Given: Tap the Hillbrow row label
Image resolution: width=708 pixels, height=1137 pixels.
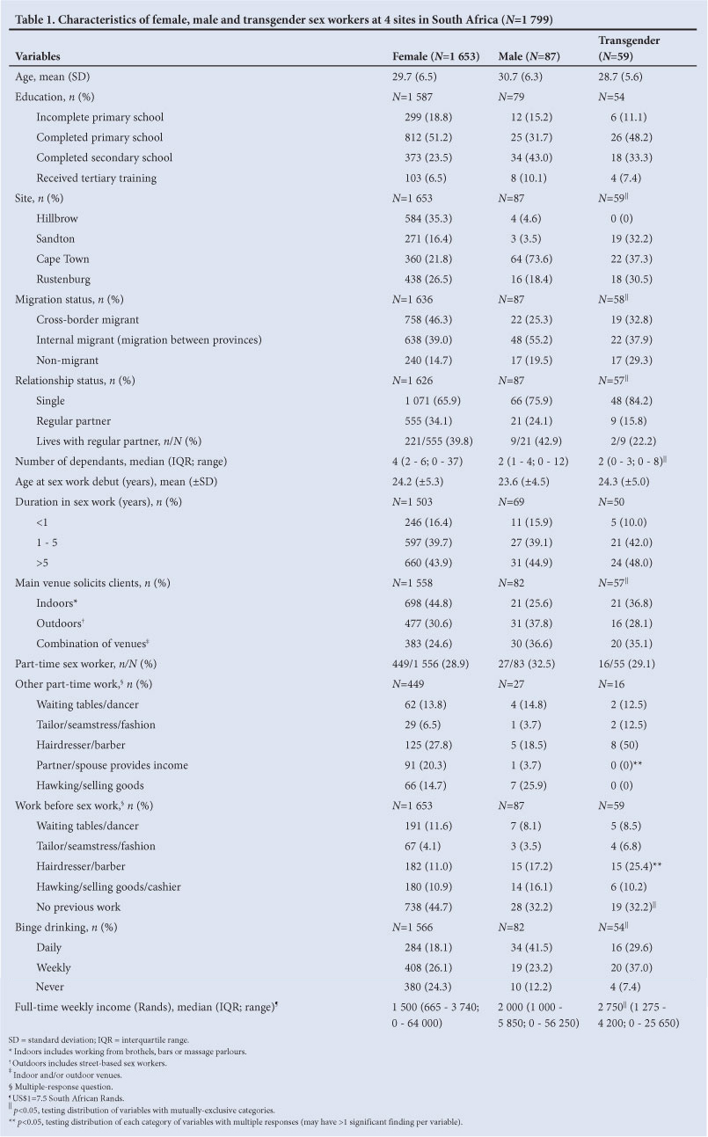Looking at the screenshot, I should pyautogui.click(x=60, y=218).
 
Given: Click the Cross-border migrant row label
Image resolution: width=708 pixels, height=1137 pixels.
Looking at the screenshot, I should pyautogui.click(x=88, y=319).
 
